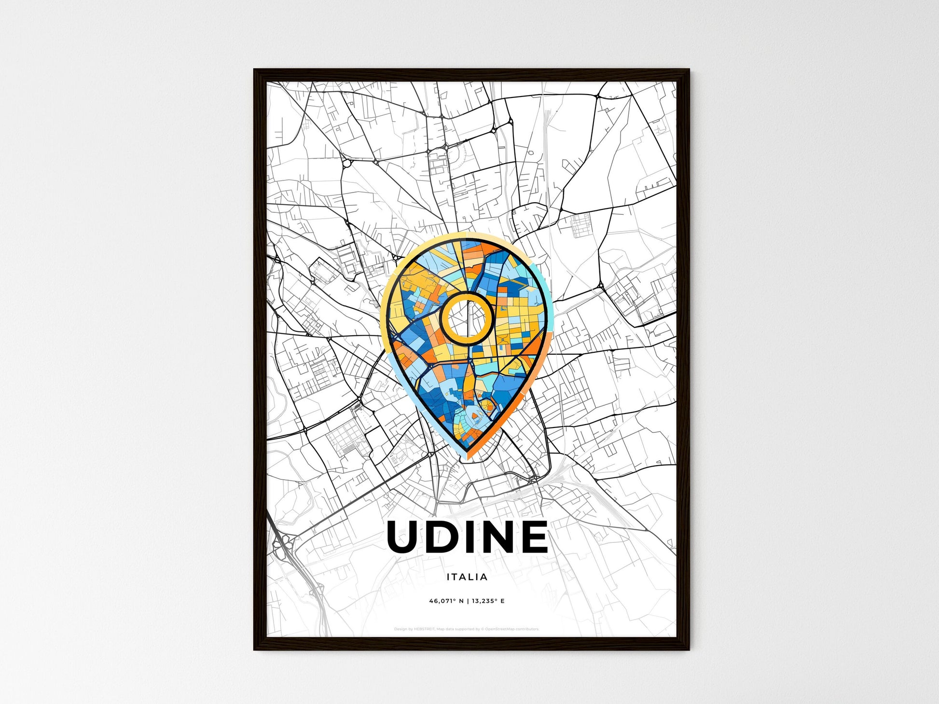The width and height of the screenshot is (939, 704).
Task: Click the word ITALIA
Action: [467, 577]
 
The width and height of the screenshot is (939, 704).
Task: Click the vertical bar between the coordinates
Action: [467, 601]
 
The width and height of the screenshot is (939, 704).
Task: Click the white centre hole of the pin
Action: [467, 318]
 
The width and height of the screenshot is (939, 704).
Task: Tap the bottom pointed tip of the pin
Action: [467, 453]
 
